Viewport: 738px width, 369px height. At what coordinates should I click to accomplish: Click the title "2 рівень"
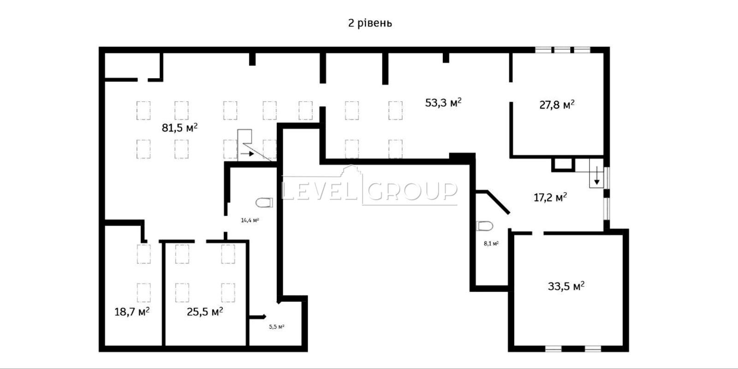point(370,23)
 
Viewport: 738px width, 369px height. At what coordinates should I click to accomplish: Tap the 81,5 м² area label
point(179,128)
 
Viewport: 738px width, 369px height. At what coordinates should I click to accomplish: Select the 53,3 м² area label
point(443,103)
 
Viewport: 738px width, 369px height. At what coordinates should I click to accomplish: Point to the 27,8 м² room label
point(557,105)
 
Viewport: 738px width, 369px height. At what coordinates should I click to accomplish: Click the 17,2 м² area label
point(550,197)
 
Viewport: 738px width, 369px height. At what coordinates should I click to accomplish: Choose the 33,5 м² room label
point(566,286)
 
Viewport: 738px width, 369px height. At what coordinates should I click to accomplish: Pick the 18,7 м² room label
point(132,311)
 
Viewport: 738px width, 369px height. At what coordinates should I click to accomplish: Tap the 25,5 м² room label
point(205,311)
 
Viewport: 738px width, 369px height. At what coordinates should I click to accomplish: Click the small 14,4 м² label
point(250,220)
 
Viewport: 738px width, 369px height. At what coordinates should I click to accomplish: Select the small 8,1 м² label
point(491,244)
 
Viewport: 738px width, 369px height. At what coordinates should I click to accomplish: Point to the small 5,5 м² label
point(276,327)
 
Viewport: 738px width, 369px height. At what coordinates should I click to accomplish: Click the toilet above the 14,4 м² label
point(265,203)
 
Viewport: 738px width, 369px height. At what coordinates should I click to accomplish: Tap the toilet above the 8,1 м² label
point(485,226)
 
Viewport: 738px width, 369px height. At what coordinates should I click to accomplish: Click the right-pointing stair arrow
point(247,154)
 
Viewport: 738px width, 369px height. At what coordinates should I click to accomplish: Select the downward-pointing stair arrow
point(597,176)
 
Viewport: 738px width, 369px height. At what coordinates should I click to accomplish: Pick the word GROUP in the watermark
point(412,191)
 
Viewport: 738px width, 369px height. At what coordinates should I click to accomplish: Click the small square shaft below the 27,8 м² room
point(563,164)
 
